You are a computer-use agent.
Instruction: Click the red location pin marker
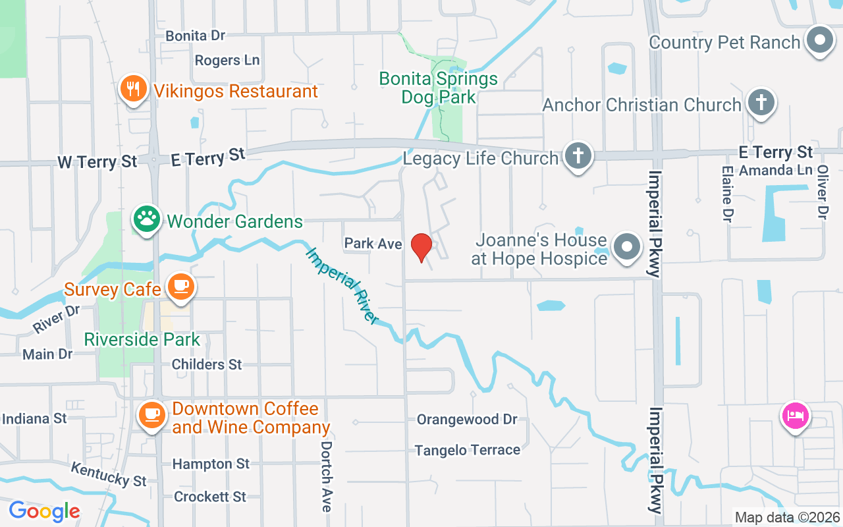[421, 247]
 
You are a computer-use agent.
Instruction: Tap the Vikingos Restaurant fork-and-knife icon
[133, 90]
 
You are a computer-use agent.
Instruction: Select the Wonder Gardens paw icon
[146, 219]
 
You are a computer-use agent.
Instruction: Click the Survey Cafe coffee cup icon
[179, 287]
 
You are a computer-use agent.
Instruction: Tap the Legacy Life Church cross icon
[578, 157]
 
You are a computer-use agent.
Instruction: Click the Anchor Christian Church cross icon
[761, 103]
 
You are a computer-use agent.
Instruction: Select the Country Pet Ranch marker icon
[820, 41]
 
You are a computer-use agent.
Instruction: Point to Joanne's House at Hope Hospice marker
[626, 248]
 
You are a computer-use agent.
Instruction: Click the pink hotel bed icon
[795, 416]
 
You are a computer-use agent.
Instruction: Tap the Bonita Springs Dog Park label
[438, 88]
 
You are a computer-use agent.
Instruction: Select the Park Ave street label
[373, 244]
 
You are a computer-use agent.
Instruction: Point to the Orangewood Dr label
[467, 420]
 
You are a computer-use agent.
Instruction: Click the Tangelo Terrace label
[467, 451]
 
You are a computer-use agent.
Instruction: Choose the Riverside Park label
[142, 340]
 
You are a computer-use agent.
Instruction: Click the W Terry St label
[97, 161]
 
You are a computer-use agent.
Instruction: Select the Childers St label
[207, 364]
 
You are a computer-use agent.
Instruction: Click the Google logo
[44, 511]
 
